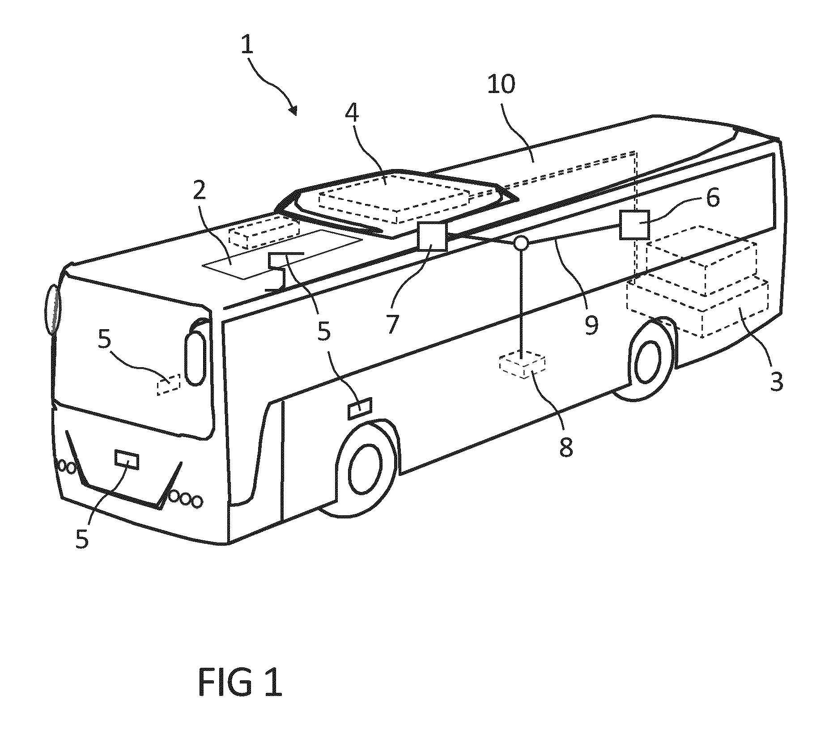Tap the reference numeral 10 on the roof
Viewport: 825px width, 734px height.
click(502, 84)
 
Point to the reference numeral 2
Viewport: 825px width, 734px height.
click(199, 191)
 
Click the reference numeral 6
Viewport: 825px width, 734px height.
click(713, 197)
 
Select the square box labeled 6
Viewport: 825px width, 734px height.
click(634, 225)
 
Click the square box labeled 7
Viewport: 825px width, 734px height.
click(432, 236)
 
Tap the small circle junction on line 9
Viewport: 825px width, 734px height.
click(521, 242)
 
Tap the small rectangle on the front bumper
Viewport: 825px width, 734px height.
click(127, 460)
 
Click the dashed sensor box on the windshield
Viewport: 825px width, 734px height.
click(168, 385)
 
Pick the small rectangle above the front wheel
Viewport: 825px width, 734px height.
click(360, 408)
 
